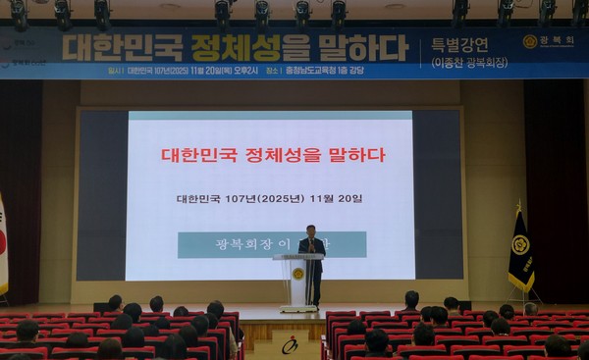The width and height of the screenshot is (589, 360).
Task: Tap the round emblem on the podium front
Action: [297, 274]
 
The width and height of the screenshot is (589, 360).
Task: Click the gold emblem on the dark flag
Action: [519, 244]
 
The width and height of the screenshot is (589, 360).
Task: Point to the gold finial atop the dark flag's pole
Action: [519, 206]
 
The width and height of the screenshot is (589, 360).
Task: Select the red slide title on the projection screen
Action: [273, 155]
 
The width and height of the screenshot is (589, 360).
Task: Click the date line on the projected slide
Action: [269, 198]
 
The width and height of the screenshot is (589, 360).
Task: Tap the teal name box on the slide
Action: [272, 244]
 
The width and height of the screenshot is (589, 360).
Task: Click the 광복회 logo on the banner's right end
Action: [549, 41]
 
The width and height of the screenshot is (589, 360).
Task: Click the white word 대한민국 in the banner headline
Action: [124, 46]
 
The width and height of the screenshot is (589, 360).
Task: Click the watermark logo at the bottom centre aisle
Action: [290, 344]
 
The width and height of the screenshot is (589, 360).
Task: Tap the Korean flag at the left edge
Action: [3, 245]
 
